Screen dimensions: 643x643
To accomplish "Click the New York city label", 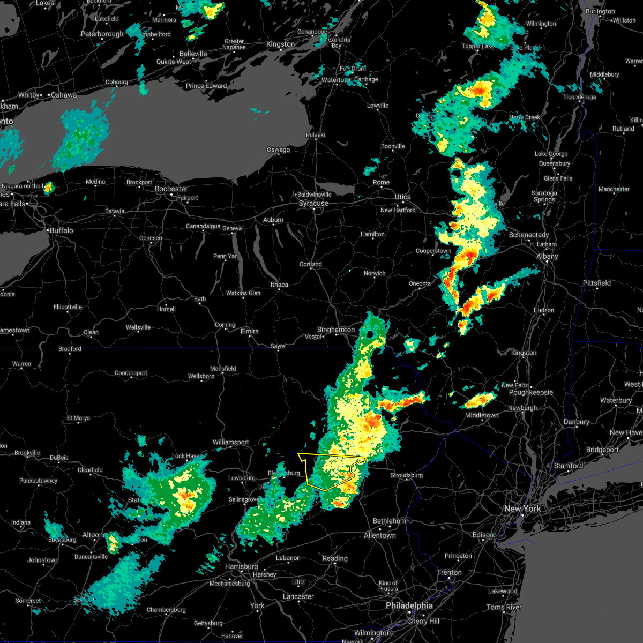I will pyautogui.click(x=522, y=509).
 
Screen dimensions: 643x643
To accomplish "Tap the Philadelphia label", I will pyautogui.click(x=409, y=605).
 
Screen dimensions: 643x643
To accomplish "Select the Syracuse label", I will pyautogui.click(x=313, y=204).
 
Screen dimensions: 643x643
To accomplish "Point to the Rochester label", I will pyautogui.click(x=171, y=189).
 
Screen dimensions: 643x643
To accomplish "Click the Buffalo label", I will pyautogui.click(x=61, y=230).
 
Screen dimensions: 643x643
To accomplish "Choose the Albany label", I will pyautogui.click(x=547, y=257).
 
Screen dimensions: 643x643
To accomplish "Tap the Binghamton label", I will pyautogui.click(x=336, y=330).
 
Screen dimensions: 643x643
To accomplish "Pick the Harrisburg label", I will pyautogui.click(x=241, y=566).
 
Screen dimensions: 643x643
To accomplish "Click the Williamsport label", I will pyautogui.click(x=230, y=442).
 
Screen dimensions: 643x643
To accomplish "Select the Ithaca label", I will pyautogui.click(x=279, y=285).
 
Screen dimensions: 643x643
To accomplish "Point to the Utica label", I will pyautogui.click(x=402, y=197).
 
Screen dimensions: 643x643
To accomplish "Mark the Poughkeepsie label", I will pyautogui.click(x=530, y=392).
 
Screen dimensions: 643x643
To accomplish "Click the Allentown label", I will pyautogui.click(x=379, y=535).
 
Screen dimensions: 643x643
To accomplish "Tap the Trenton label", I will pyautogui.click(x=449, y=572).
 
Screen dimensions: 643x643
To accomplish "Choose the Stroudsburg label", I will pyautogui.click(x=407, y=475).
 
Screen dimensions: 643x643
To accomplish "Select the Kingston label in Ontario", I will pyautogui.click(x=280, y=44).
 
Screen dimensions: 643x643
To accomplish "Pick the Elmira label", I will pyautogui.click(x=249, y=331).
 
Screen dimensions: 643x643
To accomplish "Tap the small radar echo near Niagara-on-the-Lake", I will pyautogui.click(x=48, y=188).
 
